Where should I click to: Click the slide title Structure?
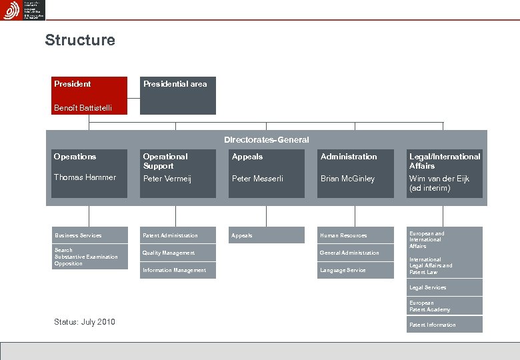tap(80, 40)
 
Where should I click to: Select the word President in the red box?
tap(73, 84)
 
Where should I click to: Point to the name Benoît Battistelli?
tap(83, 108)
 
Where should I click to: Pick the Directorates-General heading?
tap(266, 140)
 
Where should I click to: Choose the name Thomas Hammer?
tap(85, 177)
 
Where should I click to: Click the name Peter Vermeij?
tap(168, 179)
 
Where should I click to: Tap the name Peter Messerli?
tap(257, 179)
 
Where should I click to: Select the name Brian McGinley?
tap(347, 179)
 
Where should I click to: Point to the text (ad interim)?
tap(429, 188)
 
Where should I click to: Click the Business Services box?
tap(89, 235)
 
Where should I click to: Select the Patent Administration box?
tap(178, 235)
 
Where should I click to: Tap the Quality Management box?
tap(178, 253)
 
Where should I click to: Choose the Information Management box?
tap(178, 270)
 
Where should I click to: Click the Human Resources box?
tap(355, 235)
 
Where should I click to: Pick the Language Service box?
tap(355, 270)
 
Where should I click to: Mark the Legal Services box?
tap(445, 287)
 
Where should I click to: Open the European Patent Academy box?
tap(445, 306)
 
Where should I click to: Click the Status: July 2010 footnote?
tap(84, 322)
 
